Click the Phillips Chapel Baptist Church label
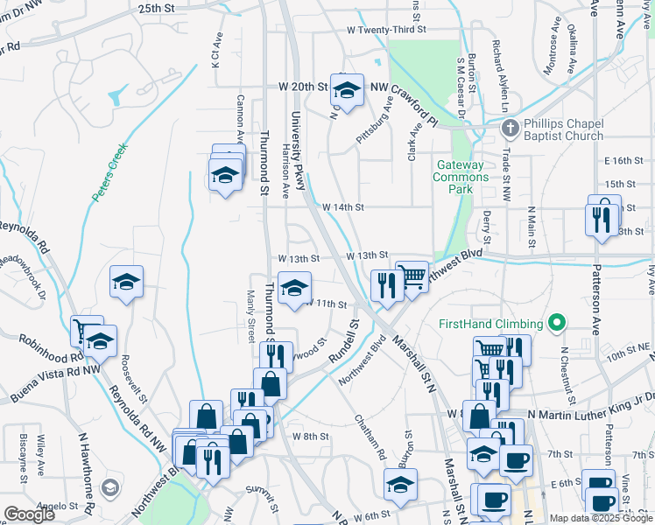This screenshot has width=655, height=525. (564, 130)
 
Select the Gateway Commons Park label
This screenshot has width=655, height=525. (461, 177)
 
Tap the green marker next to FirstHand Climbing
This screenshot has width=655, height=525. (556, 324)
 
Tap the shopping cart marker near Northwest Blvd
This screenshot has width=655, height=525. (412, 276)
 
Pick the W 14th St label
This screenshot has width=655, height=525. (342, 207)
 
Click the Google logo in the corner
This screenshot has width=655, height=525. (29, 514)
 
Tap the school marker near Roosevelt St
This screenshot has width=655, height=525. (127, 282)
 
